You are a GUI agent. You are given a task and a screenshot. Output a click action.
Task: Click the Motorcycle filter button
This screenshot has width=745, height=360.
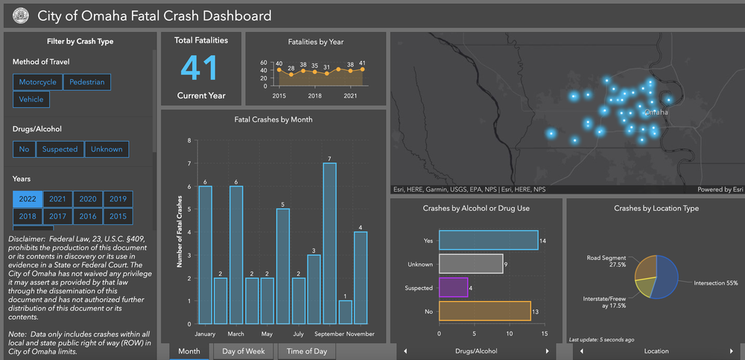[37, 82]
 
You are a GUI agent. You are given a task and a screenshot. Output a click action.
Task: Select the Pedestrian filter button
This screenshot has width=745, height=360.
[88, 82]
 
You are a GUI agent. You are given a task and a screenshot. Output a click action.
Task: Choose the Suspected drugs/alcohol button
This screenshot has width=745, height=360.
[60, 149]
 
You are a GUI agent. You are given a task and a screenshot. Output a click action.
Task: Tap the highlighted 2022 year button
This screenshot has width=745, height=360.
[28, 199]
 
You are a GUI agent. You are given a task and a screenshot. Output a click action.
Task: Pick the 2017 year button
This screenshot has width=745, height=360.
[58, 216]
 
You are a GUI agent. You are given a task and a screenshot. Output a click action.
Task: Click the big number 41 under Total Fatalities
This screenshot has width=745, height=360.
[200, 68]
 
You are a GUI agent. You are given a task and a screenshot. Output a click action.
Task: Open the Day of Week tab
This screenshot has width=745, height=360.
[244, 351]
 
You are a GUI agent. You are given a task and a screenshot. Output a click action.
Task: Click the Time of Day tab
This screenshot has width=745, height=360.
[307, 351]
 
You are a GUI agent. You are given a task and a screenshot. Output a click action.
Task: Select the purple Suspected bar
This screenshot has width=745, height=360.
[454, 287]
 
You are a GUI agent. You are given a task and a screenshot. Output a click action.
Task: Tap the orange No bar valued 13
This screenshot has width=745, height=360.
[484, 311]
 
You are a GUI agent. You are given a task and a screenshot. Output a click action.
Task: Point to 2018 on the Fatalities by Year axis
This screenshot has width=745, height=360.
[315, 96]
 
